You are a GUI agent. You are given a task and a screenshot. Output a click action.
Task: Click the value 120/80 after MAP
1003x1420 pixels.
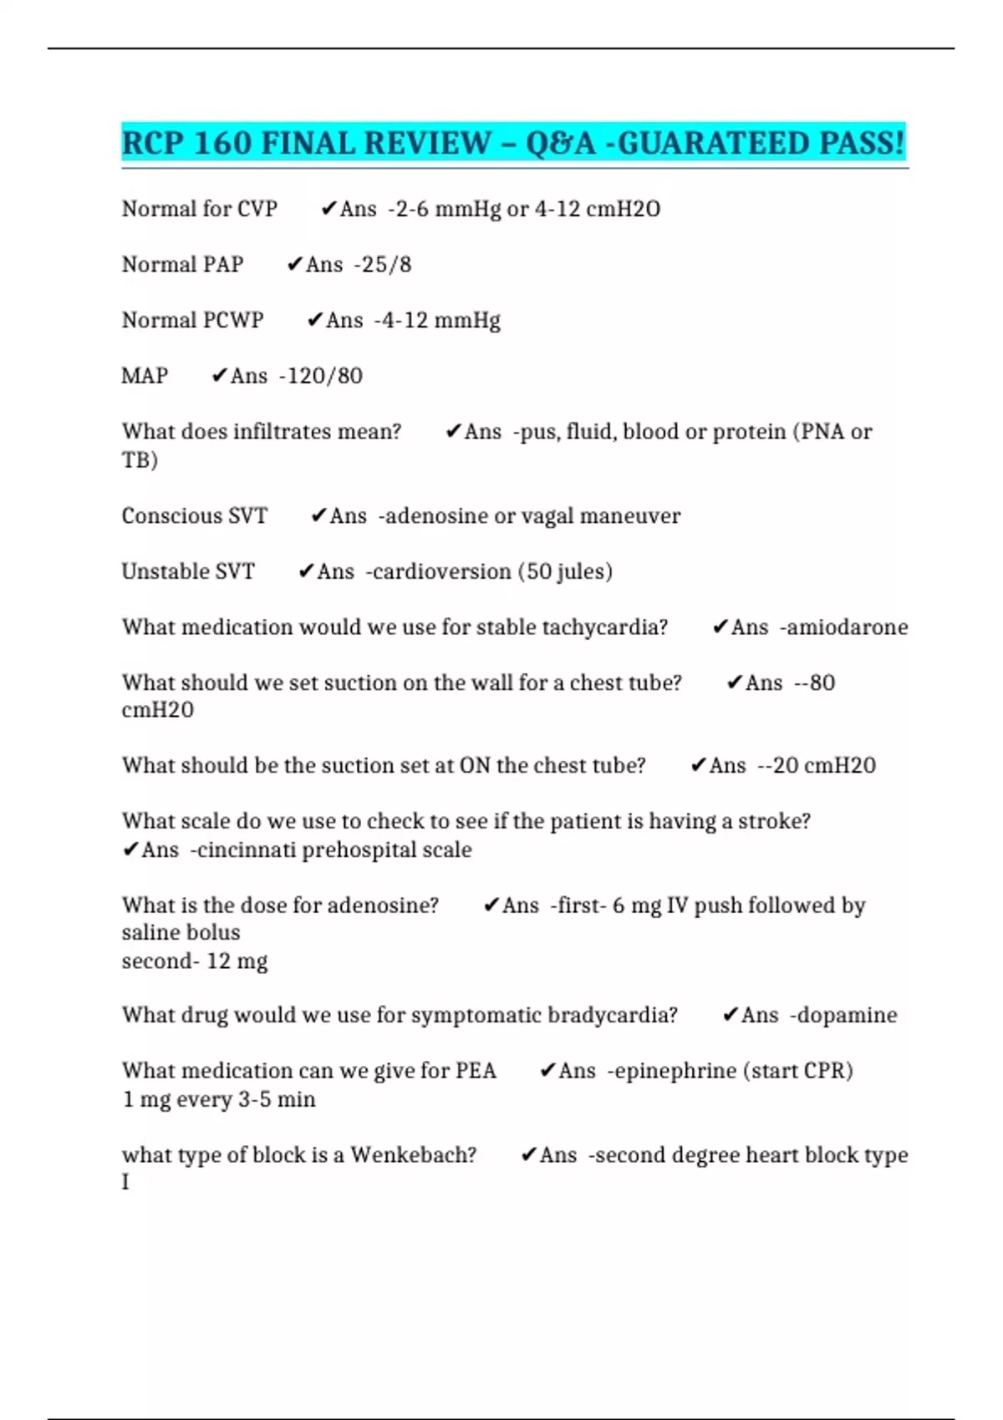tap(324, 376)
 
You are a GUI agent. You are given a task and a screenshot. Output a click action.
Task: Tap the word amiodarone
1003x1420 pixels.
tap(847, 627)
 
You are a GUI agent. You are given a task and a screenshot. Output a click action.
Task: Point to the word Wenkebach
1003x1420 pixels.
tap(413, 1155)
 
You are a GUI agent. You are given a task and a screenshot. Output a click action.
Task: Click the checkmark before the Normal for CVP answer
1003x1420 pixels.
tap(328, 209)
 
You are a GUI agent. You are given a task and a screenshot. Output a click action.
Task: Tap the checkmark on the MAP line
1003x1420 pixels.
tap(220, 376)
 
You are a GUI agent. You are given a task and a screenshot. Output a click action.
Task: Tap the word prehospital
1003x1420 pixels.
tap(355, 850)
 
